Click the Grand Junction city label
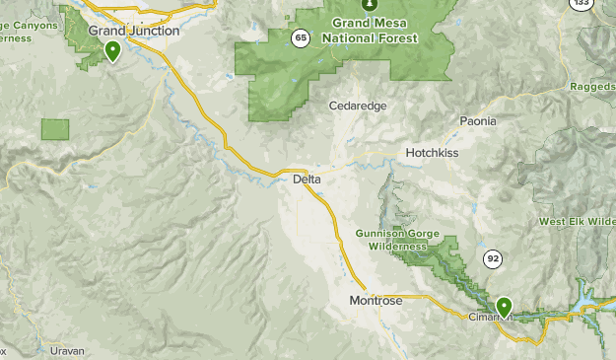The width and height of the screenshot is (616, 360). click(x=134, y=31)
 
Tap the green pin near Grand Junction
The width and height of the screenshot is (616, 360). click(x=113, y=49)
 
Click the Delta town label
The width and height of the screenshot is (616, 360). click(x=308, y=179)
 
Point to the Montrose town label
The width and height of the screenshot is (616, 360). click(x=376, y=301)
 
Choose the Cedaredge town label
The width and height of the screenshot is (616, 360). click(x=358, y=106)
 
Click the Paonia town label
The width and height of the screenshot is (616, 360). click(x=478, y=120)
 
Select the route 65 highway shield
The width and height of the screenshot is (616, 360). click(x=300, y=38)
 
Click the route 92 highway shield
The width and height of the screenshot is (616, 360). click(x=491, y=258)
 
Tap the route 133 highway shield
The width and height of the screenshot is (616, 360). click(x=582, y=4)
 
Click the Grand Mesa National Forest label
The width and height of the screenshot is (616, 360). click(x=374, y=30)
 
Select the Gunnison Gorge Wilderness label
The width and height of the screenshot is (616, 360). click(x=391, y=240)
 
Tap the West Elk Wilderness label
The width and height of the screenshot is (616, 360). click(x=577, y=222)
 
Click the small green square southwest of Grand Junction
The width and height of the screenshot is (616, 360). click(x=55, y=129)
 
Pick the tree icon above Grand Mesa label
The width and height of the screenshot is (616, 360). click(x=369, y=4)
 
